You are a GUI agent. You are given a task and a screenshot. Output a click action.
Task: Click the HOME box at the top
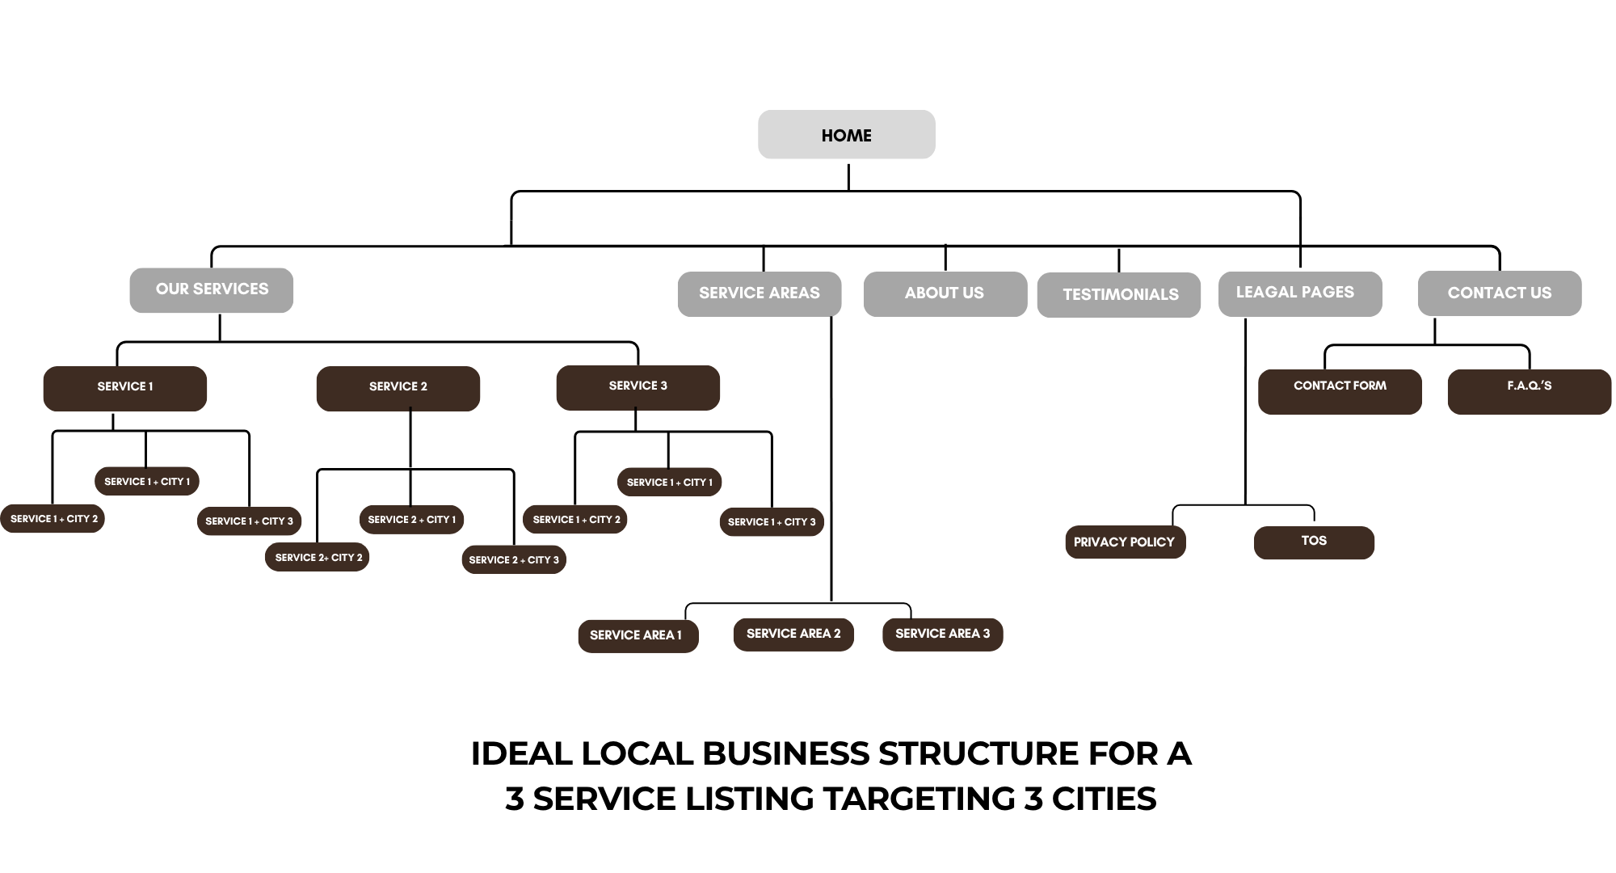[x=847, y=134]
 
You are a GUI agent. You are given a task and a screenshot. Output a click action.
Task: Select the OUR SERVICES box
[x=212, y=290]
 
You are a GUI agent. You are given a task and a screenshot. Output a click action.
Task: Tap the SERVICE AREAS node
[x=760, y=293]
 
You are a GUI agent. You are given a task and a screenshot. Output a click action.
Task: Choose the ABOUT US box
[x=945, y=293]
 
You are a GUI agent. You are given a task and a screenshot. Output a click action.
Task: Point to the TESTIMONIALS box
[x=1119, y=295]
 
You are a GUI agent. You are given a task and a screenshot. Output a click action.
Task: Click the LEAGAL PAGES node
[x=1300, y=293]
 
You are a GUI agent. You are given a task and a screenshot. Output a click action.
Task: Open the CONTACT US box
[x=1500, y=293]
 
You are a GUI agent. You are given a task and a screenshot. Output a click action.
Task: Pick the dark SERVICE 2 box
[x=398, y=389]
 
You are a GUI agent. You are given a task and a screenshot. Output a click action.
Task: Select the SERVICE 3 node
[x=638, y=388]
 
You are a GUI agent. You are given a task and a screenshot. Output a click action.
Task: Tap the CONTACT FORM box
[x=1340, y=392]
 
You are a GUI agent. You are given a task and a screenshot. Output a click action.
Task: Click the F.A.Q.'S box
[x=1530, y=392]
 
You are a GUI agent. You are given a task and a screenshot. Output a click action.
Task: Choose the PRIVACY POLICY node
[x=1126, y=542]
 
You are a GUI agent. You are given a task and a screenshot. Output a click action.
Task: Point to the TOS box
[x=1314, y=542]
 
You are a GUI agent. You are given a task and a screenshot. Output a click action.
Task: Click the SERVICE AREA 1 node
[x=638, y=636]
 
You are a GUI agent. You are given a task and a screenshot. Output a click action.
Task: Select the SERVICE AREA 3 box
[x=943, y=635]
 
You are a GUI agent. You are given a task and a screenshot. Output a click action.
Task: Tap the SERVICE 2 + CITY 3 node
[x=514, y=559]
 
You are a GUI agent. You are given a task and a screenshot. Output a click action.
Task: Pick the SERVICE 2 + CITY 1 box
[x=411, y=520]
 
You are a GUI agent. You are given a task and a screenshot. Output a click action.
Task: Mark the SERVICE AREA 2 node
[x=793, y=635]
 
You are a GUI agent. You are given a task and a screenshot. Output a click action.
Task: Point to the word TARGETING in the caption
[x=919, y=799]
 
